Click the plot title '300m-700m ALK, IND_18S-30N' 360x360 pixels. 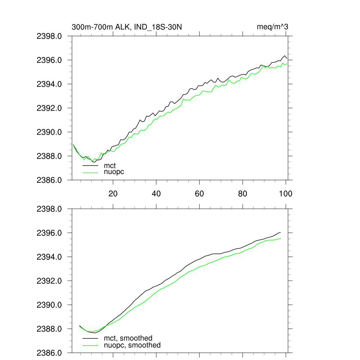click(127, 27)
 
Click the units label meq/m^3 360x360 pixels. click(273, 27)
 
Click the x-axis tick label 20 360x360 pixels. click(113, 193)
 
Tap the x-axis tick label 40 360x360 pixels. click(156, 193)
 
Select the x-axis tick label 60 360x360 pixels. click(199, 193)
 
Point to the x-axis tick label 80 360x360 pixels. click(243, 193)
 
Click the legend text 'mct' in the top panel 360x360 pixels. click(110, 165)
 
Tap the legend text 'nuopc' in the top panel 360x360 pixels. click(114, 172)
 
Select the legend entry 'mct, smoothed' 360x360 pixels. click(128, 339)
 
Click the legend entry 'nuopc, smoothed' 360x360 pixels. click(132, 345)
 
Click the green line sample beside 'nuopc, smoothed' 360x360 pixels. click(90, 345)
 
